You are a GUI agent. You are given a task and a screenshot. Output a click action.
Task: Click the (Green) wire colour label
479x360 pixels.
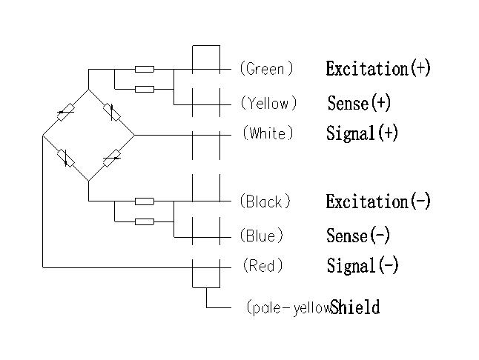click(x=266, y=69)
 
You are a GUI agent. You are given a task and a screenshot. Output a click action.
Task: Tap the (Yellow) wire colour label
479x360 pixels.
click(x=268, y=103)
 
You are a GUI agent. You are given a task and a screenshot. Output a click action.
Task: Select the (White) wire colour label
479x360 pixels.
click(x=268, y=133)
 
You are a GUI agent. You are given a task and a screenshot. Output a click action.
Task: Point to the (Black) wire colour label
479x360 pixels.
click(x=265, y=201)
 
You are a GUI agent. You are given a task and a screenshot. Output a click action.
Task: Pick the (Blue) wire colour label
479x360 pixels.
click(x=262, y=236)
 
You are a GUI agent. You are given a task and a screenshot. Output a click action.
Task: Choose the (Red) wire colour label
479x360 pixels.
click(x=262, y=265)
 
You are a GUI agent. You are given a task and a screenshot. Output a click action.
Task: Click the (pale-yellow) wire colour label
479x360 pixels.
click(x=288, y=307)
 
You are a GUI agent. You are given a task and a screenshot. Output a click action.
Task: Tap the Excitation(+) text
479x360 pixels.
click(x=378, y=69)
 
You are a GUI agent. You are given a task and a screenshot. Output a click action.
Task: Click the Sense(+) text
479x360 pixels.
click(x=359, y=102)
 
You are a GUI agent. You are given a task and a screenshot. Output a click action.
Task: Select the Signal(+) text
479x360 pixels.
click(x=362, y=133)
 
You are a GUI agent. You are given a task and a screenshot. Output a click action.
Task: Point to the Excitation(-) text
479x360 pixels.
click(x=378, y=201)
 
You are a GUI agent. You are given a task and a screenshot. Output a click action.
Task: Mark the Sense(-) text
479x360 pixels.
click(x=357, y=236)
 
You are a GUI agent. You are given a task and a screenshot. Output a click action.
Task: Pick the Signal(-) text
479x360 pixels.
click(x=362, y=265)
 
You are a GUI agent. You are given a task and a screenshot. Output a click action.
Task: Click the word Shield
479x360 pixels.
click(x=355, y=307)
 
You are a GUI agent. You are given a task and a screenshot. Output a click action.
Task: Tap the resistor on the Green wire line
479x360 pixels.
click(x=145, y=69)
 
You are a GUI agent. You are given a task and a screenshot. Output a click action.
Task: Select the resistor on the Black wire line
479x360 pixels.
click(x=145, y=201)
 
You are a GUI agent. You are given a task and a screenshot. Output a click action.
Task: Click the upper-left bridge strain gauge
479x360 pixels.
click(x=66, y=113)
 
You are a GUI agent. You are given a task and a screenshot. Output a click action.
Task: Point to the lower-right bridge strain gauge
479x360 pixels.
click(x=112, y=158)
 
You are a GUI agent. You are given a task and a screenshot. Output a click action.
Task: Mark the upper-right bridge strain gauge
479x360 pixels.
click(x=112, y=113)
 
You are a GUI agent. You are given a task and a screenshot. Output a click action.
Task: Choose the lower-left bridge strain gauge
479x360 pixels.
click(x=66, y=158)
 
